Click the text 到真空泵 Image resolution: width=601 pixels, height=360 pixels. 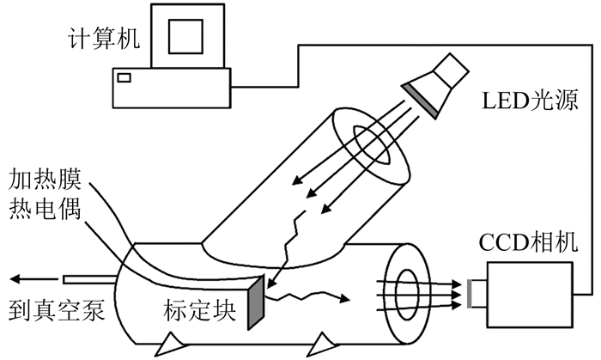click(x=57, y=310)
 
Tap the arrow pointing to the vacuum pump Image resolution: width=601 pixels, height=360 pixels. click(x=27, y=278)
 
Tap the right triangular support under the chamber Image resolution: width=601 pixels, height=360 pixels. click(x=325, y=344)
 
